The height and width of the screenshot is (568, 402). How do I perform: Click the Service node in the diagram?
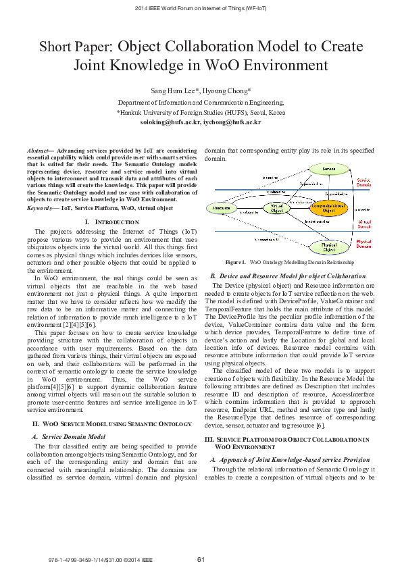click(328, 167)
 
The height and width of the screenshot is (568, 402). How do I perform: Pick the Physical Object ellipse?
click(328, 247)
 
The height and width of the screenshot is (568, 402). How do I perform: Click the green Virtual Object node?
click(276, 208)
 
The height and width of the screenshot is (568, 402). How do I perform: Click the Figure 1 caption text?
click(301, 262)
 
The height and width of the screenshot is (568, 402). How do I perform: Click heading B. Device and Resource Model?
click(288, 276)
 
